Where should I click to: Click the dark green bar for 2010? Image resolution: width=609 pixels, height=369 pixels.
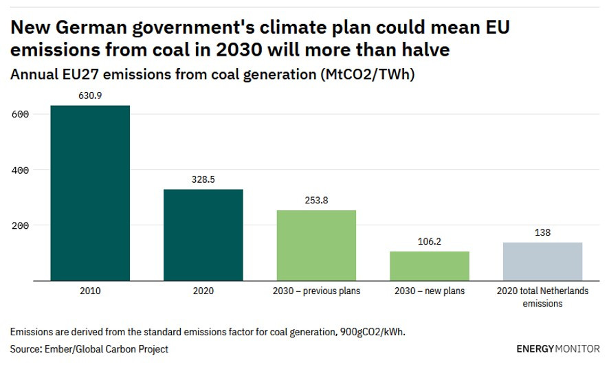(90, 193)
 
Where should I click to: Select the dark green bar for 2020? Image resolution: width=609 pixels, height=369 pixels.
(203, 235)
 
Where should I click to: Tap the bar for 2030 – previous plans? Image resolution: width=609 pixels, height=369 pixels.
(316, 245)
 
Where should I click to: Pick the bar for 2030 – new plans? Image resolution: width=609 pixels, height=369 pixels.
(430, 266)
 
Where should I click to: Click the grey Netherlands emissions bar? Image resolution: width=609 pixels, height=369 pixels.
(542, 261)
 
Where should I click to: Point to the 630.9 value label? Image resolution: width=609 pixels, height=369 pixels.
(90, 96)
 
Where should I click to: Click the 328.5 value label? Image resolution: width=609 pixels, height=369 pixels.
(203, 179)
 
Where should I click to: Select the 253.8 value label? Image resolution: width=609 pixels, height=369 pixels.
(316, 201)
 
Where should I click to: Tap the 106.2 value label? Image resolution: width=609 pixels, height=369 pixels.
(430, 242)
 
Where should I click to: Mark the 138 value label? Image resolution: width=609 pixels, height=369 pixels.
(542, 233)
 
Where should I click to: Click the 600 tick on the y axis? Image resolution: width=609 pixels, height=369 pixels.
(20, 114)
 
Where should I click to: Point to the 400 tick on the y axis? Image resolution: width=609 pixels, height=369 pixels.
(20, 170)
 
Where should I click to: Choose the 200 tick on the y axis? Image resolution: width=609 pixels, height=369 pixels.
(20, 225)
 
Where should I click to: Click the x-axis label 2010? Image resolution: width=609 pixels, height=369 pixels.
(90, 291)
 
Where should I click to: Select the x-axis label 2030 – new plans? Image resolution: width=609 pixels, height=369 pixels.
(430, 291)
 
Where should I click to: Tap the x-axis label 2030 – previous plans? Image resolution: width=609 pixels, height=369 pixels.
(316, 291)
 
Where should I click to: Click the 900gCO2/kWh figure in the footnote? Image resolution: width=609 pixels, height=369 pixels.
(372, 332)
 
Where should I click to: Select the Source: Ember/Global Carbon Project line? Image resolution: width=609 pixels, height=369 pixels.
(89, 349)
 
